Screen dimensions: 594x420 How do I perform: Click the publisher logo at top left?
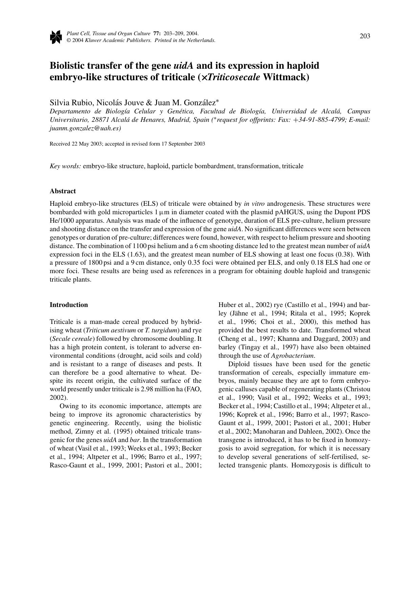point(56,37)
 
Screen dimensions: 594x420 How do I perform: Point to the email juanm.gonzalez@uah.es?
point(85,128)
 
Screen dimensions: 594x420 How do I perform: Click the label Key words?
point(65,166)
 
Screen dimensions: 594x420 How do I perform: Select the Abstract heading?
point(63,191)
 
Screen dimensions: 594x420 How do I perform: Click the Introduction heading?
point(69,305)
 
